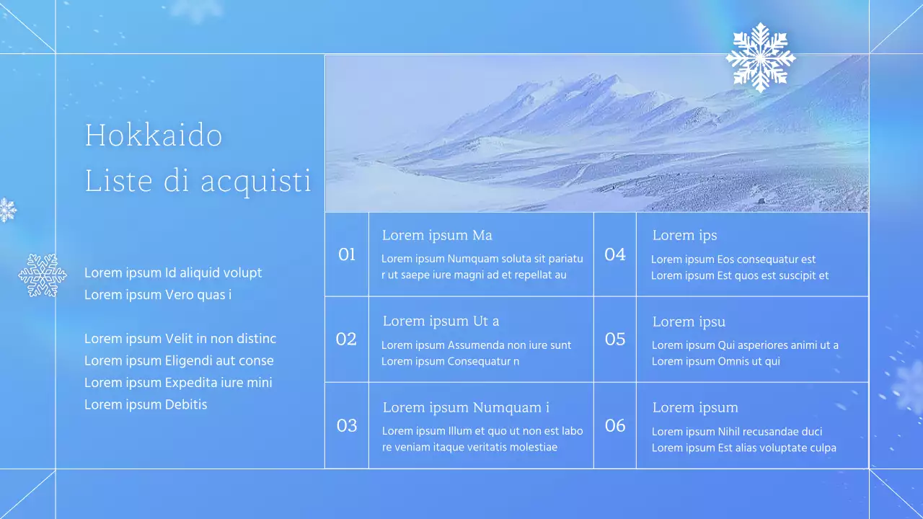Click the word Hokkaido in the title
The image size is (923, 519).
154,136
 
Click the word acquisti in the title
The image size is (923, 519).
256,182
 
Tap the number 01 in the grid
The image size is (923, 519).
347,254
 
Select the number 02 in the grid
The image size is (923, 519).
346,340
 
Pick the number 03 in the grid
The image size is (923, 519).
347,425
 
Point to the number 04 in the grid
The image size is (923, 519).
615,254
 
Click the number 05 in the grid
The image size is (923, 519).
615,340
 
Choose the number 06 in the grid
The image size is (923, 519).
615,425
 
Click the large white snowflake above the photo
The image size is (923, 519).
760,58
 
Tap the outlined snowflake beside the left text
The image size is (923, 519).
43,275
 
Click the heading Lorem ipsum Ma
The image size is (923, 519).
437,235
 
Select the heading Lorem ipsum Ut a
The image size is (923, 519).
441,321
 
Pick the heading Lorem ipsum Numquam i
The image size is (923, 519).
466,407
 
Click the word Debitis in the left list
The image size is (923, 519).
186,404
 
